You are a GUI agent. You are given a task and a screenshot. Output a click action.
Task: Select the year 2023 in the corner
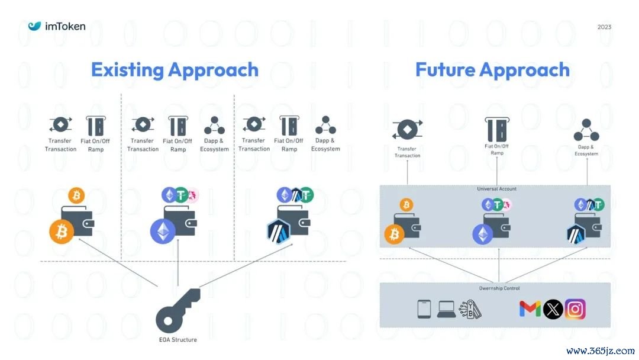604,27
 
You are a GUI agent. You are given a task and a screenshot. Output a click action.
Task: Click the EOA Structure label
178,339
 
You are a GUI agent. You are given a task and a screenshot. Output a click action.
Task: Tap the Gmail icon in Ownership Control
530,308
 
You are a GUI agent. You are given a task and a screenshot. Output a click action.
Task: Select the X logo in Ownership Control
553,308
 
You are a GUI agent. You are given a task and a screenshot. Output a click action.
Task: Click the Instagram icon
575,308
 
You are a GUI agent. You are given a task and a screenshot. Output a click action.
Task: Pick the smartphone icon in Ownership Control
424,308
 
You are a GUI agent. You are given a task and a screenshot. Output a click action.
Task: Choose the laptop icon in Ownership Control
446,308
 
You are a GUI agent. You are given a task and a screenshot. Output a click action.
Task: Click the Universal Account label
496,189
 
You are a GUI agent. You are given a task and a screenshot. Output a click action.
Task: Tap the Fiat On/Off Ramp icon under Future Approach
497,128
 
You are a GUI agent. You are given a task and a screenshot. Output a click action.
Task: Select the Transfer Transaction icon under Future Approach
407,129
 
